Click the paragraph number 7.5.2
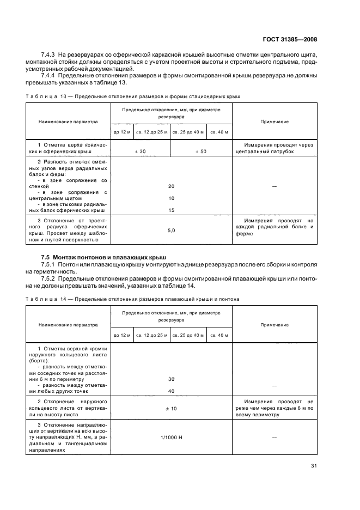point(50,278)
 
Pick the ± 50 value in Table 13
point(201,151)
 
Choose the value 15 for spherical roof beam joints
point(171,210)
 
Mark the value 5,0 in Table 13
point(171,230)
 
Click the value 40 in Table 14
point(171,391)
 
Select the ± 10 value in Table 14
point(171,408)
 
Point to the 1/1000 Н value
point(171,436)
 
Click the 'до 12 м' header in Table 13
point(122,132)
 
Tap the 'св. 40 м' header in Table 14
point(220,335)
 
